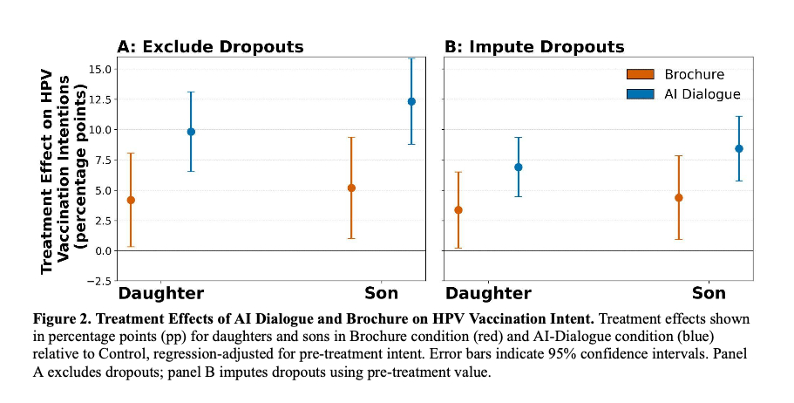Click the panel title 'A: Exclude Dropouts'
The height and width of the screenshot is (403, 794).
coord(211,47)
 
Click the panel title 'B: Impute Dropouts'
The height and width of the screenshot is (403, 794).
coord(534,47)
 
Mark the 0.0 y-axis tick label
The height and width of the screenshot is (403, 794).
coord(101,250)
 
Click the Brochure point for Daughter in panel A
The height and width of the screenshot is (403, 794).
coord(131,200)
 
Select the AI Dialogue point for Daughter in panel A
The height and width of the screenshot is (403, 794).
coord(191,132)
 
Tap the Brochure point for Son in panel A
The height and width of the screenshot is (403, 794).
coord(351,188)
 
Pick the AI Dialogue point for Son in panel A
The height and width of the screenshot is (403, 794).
coord(411,101)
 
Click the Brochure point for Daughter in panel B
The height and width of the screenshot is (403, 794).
coord(458,209)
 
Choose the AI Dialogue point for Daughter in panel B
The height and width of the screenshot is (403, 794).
coord(518,167)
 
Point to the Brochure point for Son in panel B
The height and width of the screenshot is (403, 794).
coord(679,197)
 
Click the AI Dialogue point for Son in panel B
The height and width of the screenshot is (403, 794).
coord(739,148)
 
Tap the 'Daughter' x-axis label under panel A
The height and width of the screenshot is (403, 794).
coord(161,293)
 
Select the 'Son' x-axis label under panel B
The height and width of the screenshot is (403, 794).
coord(709,293)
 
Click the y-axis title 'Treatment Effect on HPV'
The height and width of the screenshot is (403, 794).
coord(48,171)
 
